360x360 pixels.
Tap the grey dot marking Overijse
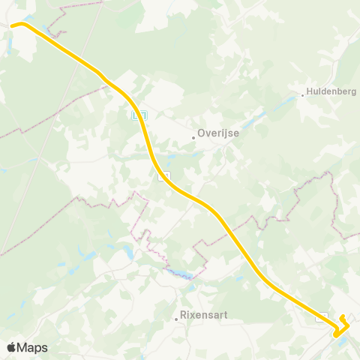click(x=193, y=136)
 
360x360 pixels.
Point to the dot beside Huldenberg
click(x=302, y=95)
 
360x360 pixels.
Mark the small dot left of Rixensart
click(x=176, y=318)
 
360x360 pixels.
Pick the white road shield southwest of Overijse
click(x=163, y=176)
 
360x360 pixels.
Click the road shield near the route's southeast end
click(x=322, y=316)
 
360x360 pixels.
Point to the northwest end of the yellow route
click(x=13, y=26)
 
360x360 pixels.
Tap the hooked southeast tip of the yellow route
click(x=342, y=317)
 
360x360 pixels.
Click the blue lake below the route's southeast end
click(x=343, y=340)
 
